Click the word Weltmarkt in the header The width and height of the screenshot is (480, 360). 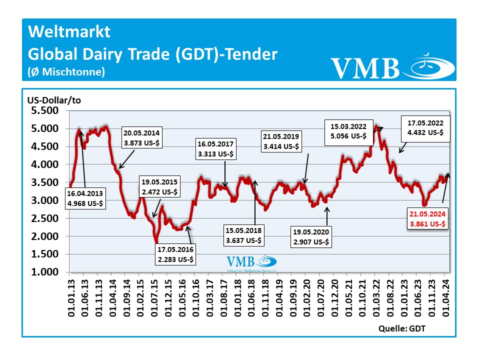click(69, 32)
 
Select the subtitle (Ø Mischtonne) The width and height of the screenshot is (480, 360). click(66, 72)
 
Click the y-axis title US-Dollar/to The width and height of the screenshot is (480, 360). click(54, 100)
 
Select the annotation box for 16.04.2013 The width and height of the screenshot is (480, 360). click(85, 198)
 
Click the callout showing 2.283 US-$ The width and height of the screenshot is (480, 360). click(176, 254)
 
